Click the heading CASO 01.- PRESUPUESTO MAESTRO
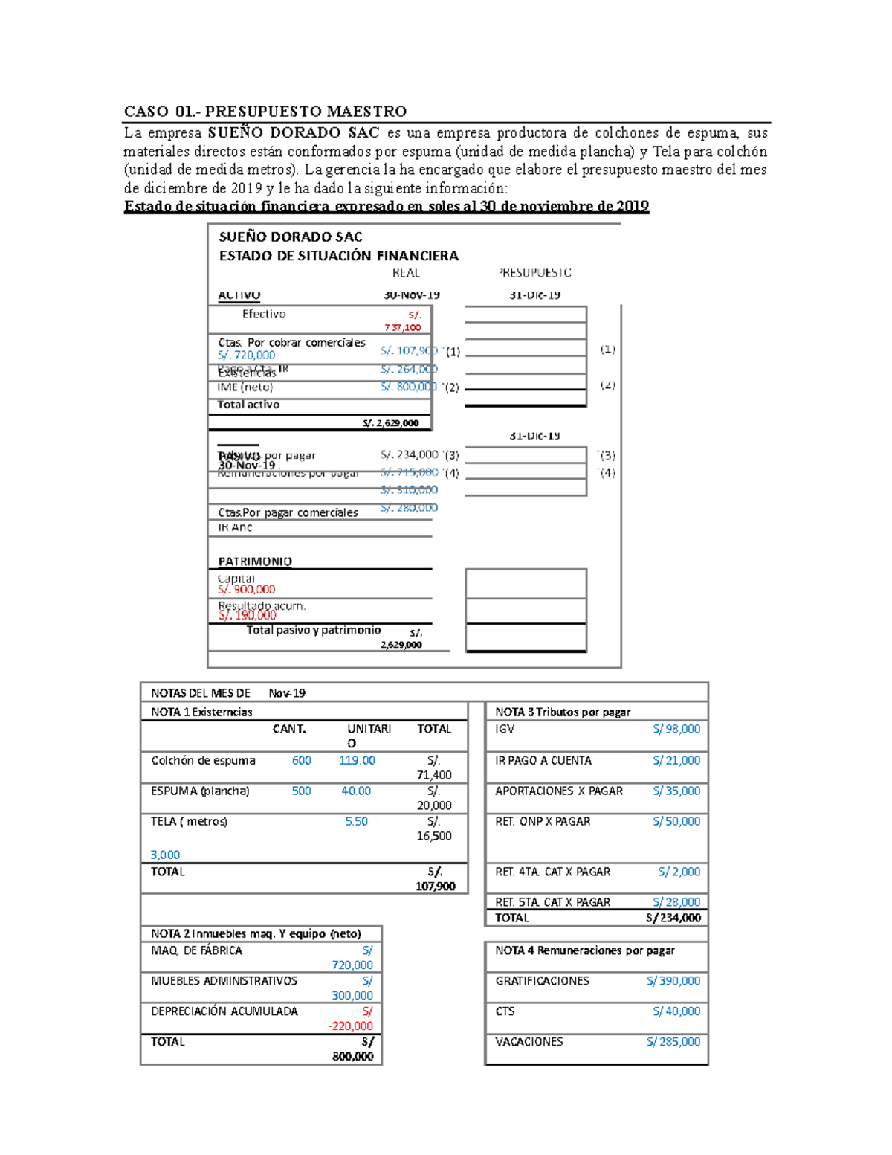pos(265,112)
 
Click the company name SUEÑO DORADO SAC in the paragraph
pos(294,133)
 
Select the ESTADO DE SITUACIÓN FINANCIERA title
pos(338,256)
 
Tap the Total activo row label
pos(248,405)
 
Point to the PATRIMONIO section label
pos(254,562)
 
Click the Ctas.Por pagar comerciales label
pos(288,512)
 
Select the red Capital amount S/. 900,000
pos(247,589)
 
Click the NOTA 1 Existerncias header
pos(201,712)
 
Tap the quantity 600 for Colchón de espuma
pos(301,760)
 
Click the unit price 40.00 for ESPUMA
pos(355,791)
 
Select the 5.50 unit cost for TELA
pos(356,821)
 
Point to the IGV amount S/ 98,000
pos(676,729)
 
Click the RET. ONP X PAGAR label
pos(543,821)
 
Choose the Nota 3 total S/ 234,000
pos(673,918)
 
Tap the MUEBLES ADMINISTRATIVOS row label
pos(224,981)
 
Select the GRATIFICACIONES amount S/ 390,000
pos(673,981)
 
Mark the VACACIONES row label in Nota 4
pos(529,1042)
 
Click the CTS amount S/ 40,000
pos(676,1011)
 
